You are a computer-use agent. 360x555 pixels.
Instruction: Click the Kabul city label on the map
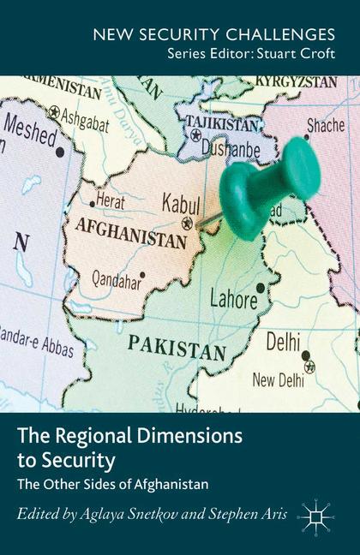click(x=181, y=203)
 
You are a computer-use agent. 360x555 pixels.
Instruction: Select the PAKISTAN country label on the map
click(x=177, y=348)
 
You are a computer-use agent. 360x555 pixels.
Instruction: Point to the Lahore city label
click(x=234, y=299)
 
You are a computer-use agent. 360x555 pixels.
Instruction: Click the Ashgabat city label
click(x=84, y=122)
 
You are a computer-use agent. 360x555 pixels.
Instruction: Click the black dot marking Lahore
click(x=261, y=288)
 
